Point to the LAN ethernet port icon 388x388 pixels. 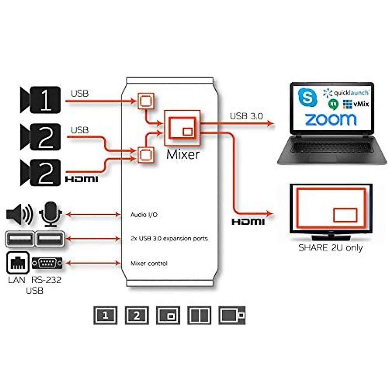pos(18,263)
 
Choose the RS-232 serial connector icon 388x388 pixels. pos(47,263)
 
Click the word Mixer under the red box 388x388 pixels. pos(183,154)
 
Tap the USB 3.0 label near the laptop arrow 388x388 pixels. pos(246,116)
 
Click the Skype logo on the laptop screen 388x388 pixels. pos(307,97)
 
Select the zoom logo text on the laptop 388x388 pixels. pos(331,119)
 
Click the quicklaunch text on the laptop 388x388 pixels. pos(351,93)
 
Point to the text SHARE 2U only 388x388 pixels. pos(330,248)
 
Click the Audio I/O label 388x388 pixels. pos(144,215)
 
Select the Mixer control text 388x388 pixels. pos(149,264)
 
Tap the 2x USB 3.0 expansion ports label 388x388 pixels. pos(169,239)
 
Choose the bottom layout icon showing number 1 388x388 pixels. pos(105,315)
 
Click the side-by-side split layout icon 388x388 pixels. pos(199,315)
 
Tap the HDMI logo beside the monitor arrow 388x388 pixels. pos(248,222)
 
